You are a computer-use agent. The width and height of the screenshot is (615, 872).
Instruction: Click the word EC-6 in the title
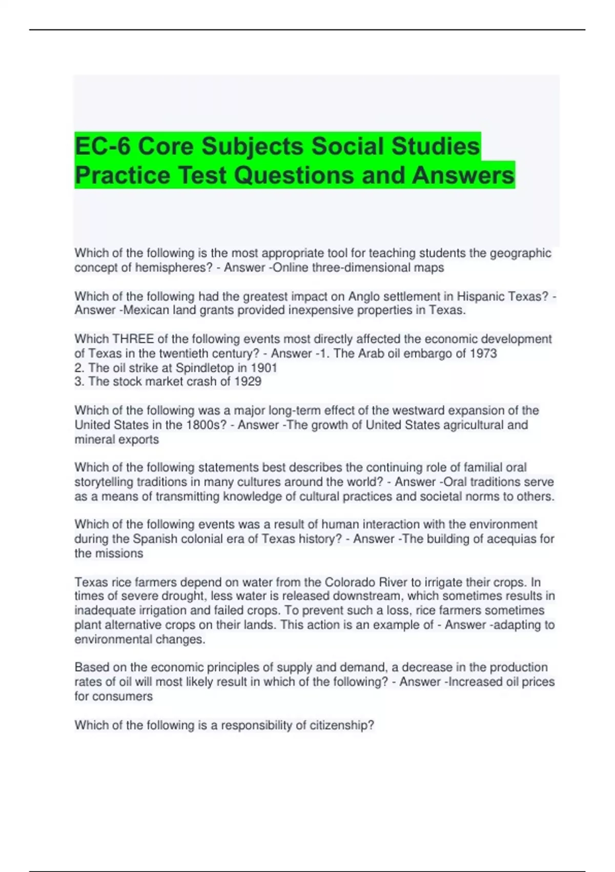coord(102,147)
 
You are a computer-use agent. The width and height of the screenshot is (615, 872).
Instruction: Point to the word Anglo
coord(364,296)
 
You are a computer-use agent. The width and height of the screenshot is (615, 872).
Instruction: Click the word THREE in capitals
coord(133,339)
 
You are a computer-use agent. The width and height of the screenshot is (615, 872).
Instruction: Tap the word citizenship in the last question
coord(341,725)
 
